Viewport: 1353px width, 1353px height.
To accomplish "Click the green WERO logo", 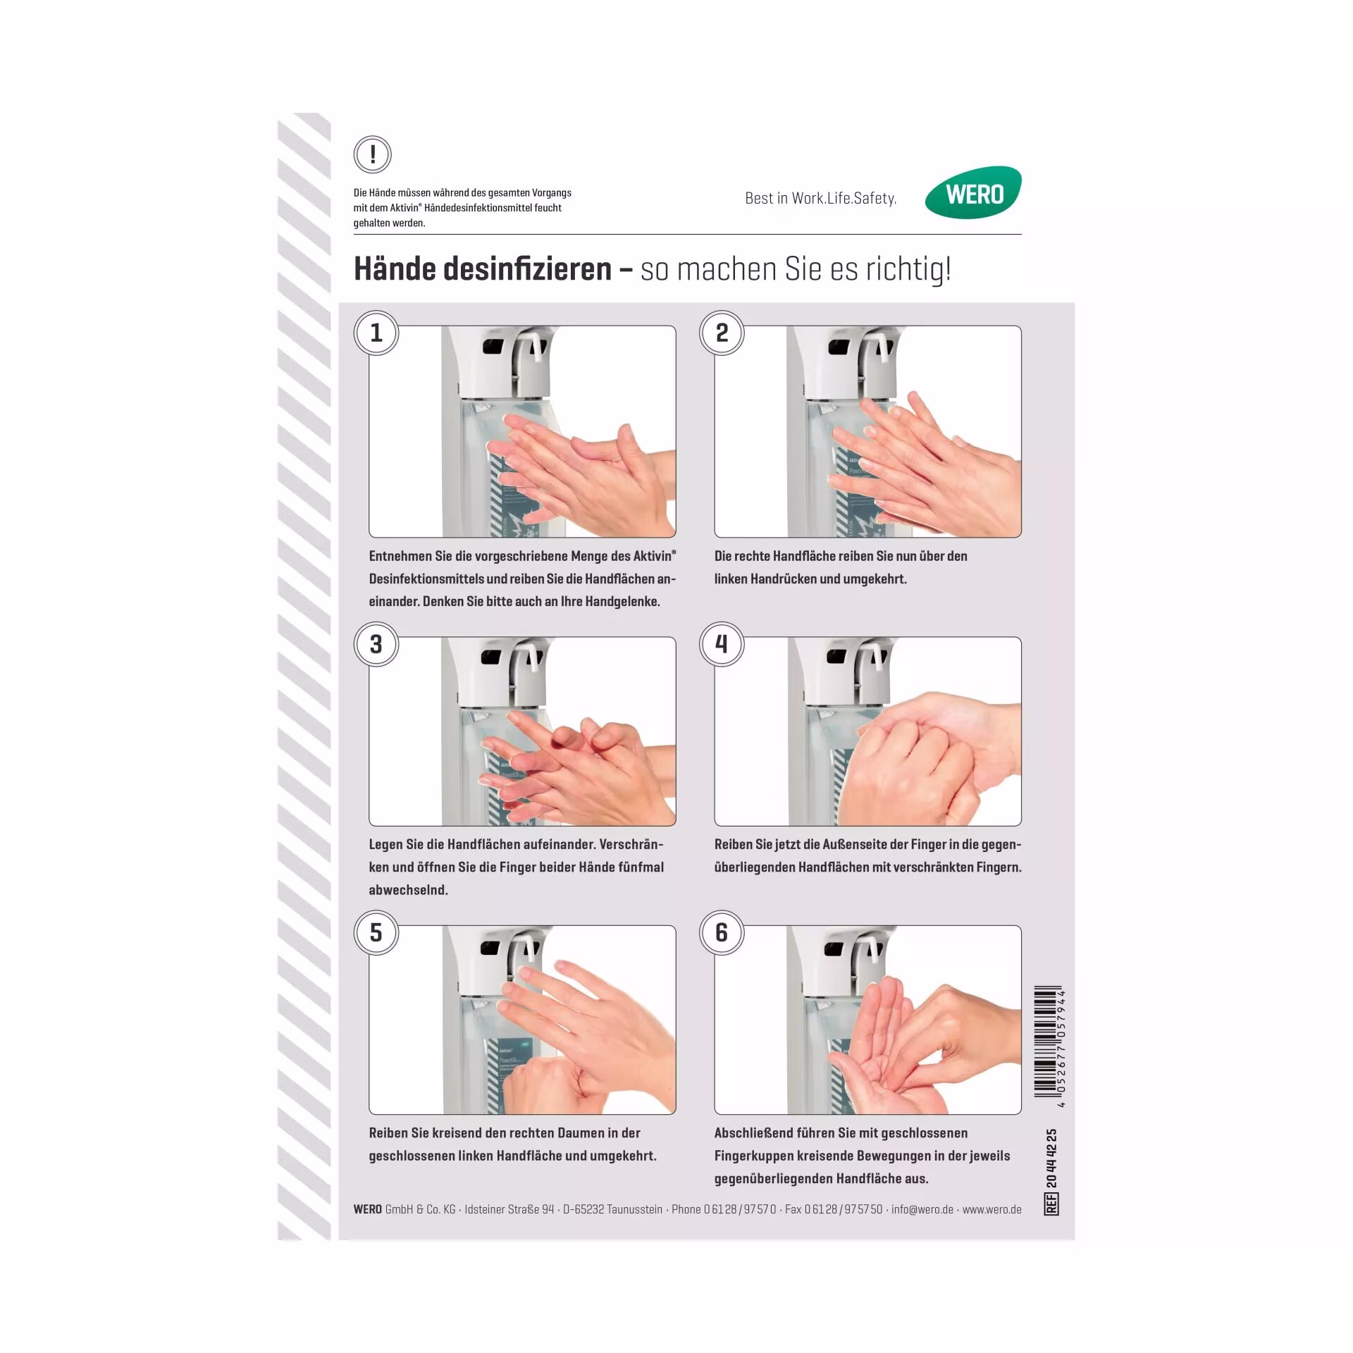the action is (x=973, y=192).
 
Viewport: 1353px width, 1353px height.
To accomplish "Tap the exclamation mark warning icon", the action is (x=373, y=154).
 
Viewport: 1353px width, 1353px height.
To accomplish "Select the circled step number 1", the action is (x=376, y=333).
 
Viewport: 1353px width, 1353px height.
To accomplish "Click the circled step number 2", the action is (x=722, y=333).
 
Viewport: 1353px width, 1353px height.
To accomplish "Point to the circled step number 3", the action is (x=376, y=644).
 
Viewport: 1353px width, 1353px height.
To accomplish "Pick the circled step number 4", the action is (x=722, y=644).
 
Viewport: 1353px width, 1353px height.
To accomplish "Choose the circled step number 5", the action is (x=376, y=932).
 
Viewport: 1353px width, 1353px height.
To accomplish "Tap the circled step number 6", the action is (x=722, y=932).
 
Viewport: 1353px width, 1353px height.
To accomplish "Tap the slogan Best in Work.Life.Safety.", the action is (x=821, y=199).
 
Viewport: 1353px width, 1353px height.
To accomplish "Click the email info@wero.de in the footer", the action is (x=922, y=1209).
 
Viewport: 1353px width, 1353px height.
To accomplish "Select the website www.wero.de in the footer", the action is (x=992, y=1209).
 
